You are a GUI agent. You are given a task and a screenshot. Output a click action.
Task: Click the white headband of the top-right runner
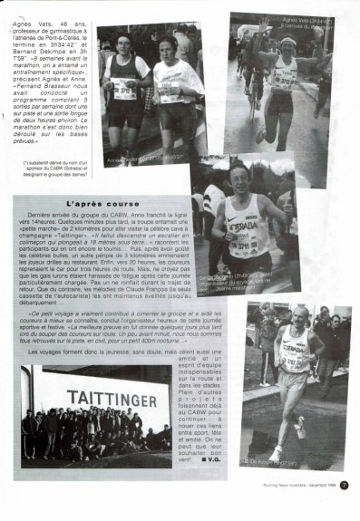(x=287, y=41)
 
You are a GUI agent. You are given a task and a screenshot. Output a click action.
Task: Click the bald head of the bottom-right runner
(x=297, y=314)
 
